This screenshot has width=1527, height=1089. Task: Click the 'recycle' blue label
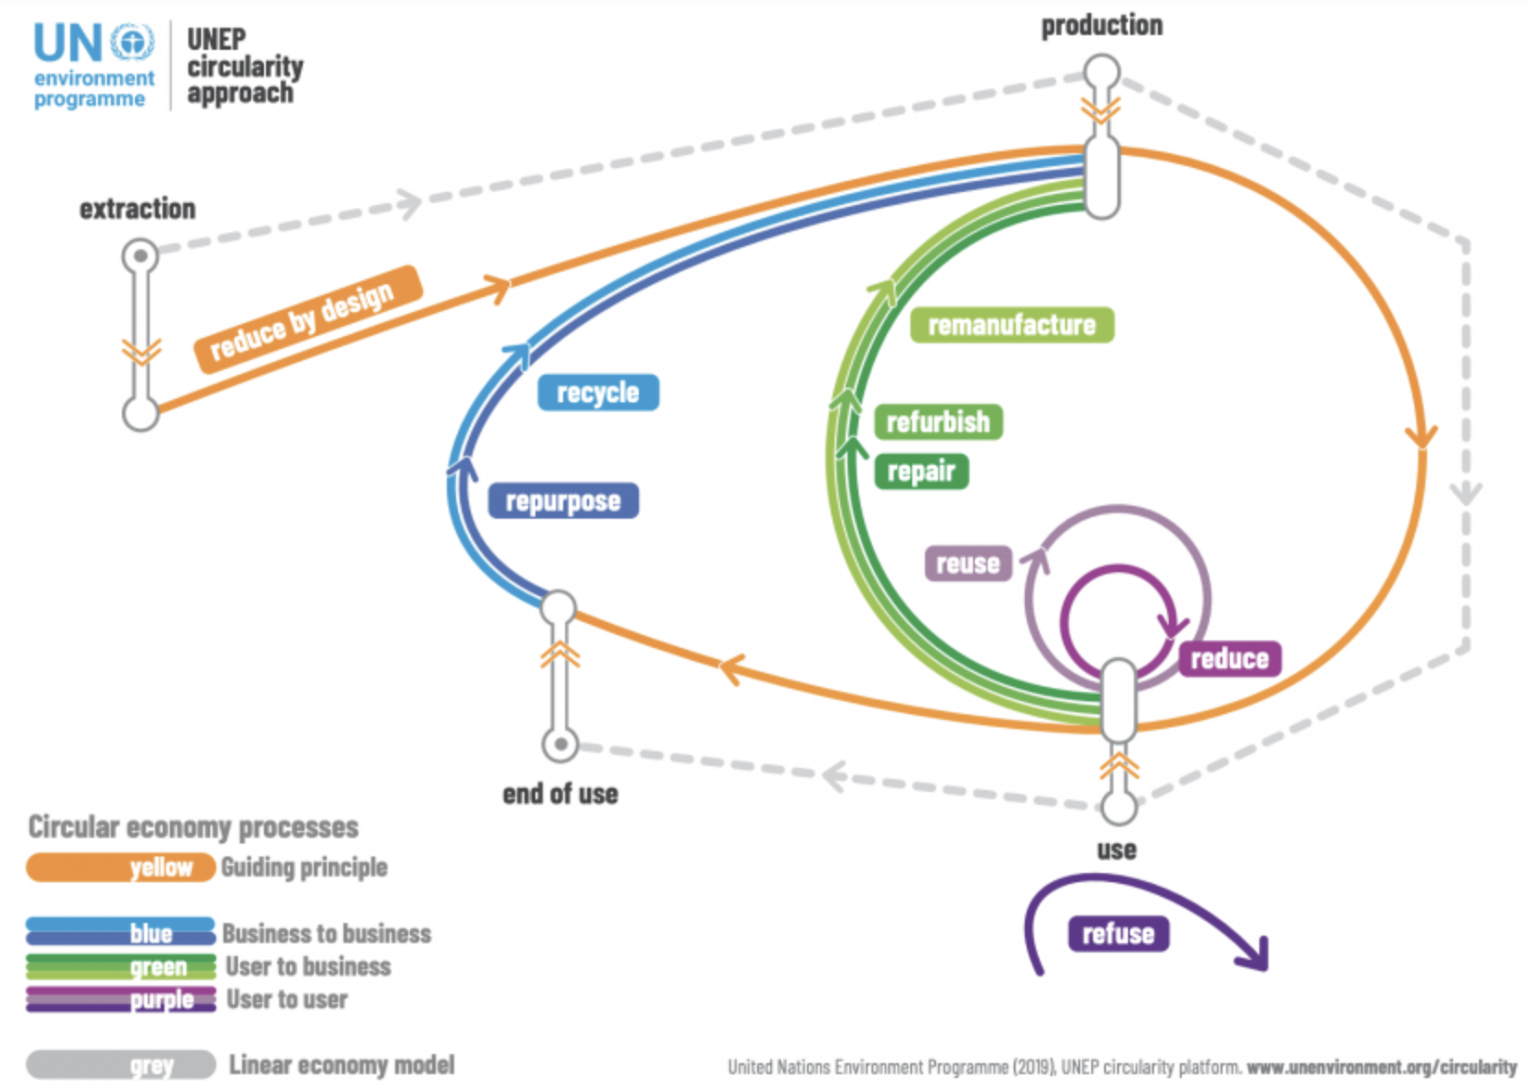[x=598, y=392]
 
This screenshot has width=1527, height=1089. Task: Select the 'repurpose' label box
[x=563, y=501]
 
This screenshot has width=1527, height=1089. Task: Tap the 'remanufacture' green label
[x=1012, y=325]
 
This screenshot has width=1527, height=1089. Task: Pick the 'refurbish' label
[x=938, y=422]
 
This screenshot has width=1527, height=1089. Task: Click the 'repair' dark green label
[x=921, y=472]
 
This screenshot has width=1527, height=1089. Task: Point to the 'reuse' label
[x=968, y=563]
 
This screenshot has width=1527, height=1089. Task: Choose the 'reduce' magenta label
[x=1230, y=659]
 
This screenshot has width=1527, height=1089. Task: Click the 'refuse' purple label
[x=1119, y=934]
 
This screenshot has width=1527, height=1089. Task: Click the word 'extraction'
[x=138, y=209]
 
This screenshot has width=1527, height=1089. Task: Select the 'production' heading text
[x=1102, y=26]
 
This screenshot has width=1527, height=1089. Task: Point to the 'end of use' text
[x=560, y=794]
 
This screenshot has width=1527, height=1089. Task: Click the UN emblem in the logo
[x=132, y=42]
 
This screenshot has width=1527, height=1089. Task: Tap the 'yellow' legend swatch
[x=120, y=868]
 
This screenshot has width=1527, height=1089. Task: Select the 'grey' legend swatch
[x=120, y=1065]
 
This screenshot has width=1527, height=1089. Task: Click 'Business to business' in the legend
[x=327, y=934]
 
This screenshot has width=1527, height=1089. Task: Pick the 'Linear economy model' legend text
[x=343, y=1065]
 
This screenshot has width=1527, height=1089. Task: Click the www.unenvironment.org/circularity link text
[x=1381, y=1067]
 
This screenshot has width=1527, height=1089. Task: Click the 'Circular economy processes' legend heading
[x=193, y=827]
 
